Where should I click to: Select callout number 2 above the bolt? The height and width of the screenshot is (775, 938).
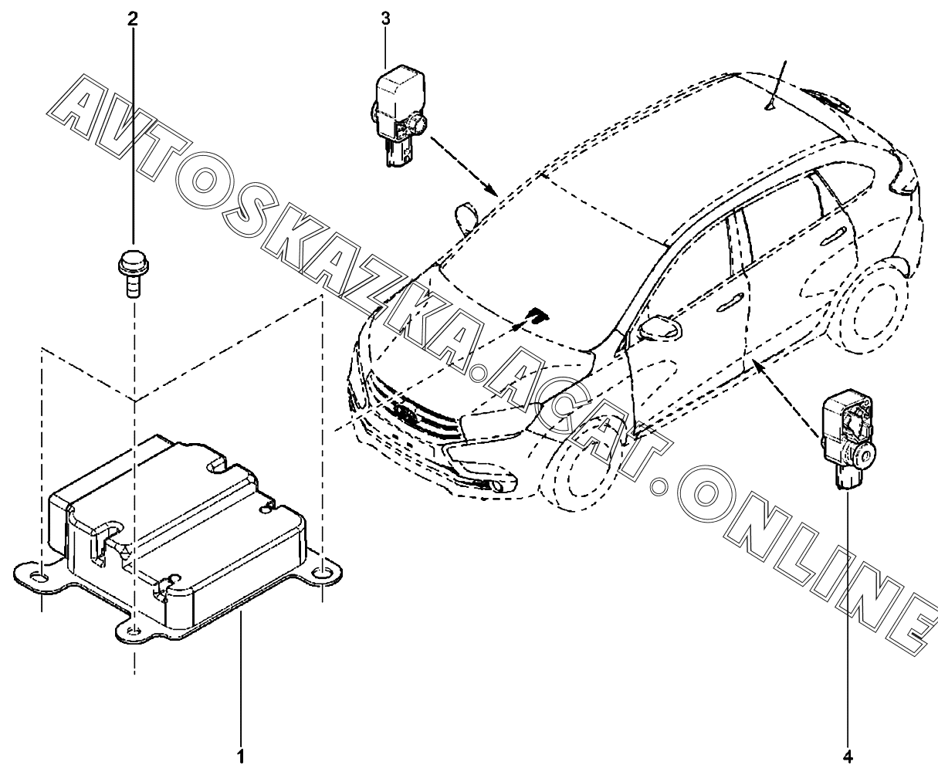[x=133, y=18]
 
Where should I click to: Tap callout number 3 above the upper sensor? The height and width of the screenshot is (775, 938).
[x=385, y=19]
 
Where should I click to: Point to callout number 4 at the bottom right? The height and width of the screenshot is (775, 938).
[x=848, y=753]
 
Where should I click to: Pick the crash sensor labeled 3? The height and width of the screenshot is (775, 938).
[x=398, y=115]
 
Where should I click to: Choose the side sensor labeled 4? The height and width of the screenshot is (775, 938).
[x=849, y=439]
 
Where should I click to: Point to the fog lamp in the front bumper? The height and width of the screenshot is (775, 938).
[x=502, y=486]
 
